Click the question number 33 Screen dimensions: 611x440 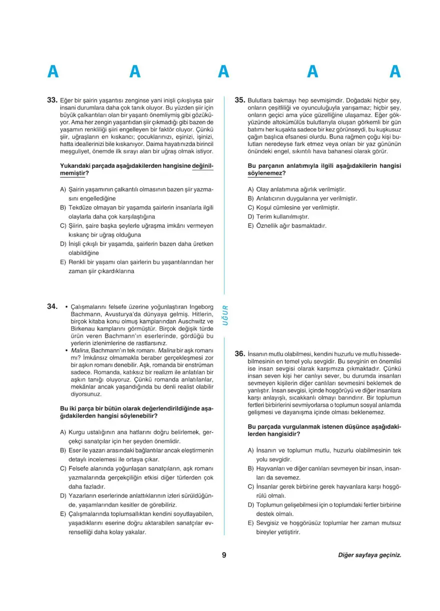click(52, 100)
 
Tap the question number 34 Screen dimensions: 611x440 click(52, 306)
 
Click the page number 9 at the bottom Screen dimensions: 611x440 click(224, 555)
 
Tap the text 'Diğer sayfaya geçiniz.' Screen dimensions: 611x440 click(369, 555)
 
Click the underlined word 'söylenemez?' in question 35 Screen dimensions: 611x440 click(267, 173)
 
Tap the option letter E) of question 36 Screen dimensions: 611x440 click(251, 523)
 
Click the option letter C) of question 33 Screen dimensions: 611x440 click(63, 226)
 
